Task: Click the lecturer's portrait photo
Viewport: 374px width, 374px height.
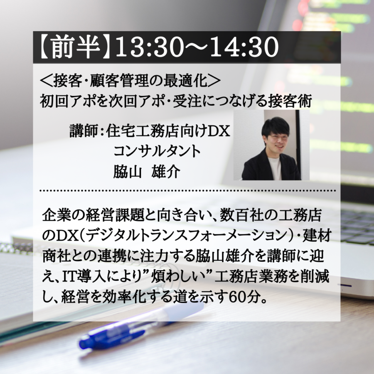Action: [271, 145]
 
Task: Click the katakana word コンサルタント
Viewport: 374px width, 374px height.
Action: [157, 151]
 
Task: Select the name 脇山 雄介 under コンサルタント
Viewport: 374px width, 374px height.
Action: [146, 172]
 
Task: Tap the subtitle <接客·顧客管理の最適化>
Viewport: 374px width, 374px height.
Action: [130, 81]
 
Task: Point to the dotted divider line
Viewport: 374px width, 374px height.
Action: [188, 191]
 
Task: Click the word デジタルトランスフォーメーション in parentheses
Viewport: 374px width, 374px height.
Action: [188, 236]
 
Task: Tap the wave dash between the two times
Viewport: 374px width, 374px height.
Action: [197, 47]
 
